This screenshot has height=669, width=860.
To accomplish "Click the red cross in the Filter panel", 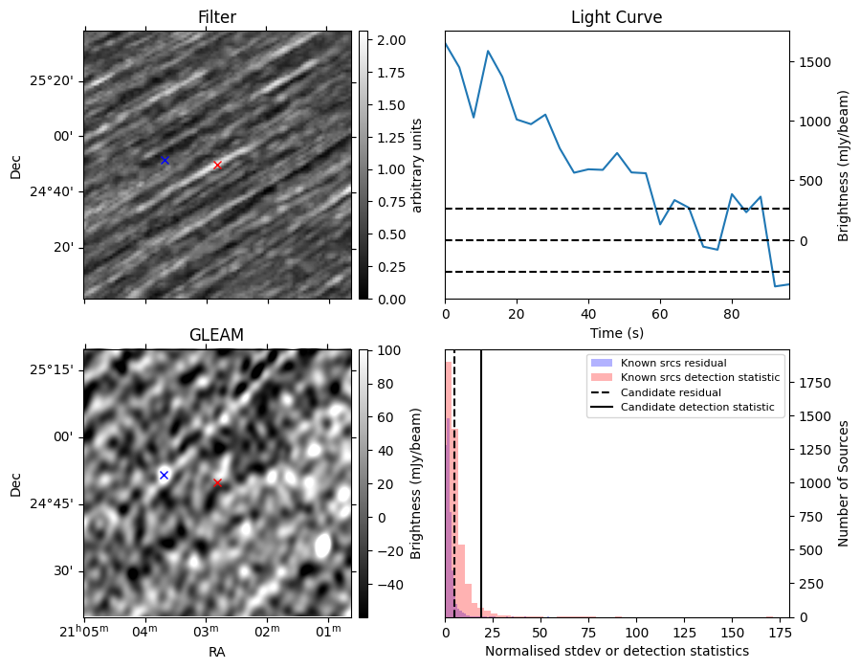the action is click(x=217, y=165).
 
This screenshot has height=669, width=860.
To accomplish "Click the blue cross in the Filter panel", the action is click(x=165, y=160).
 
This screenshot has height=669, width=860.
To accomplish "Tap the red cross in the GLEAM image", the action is click(x=217, y=483).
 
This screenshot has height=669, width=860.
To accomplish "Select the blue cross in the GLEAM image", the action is click(x=164, y=476).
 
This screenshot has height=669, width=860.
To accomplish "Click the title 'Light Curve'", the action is click(x=616, y=17).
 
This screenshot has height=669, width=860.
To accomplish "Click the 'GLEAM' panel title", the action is click(x=216, y=335).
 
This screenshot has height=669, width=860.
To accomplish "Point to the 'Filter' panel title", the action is click(x=217, y=17).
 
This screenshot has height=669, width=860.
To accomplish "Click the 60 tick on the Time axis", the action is click(x=660, y=315).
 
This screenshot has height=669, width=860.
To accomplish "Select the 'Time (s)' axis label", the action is click(x=616, y=333).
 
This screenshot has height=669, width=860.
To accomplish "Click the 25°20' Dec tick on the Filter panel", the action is click(x=51, y=81).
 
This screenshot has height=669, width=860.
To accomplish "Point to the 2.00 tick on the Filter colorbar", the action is click(x=391, y=40).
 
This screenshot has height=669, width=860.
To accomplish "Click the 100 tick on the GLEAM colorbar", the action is click(x=389, y=350).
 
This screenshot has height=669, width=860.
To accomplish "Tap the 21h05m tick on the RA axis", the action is click(x=84, y=631).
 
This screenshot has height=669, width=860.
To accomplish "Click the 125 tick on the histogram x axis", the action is click(x=684, y=633).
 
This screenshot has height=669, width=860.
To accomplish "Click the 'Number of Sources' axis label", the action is click(x=843, y=483).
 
